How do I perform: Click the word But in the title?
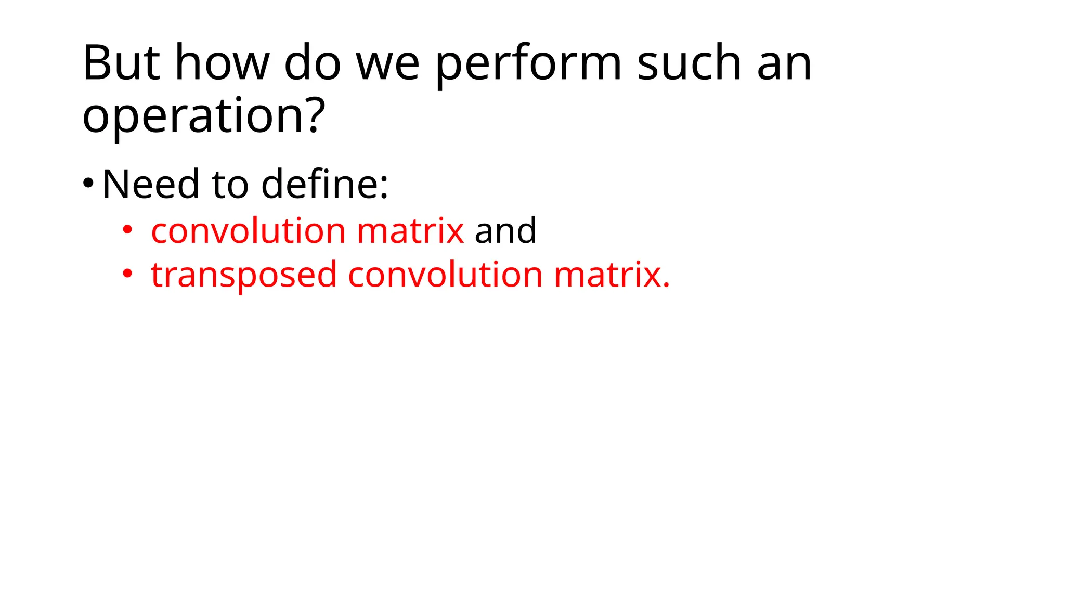pyautogui.click(x=121, y=63)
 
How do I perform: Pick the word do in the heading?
pyautogui.click(x=312, y=63)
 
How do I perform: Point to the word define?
pyautogui.click(x=324, y=184)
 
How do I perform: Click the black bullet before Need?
pyautogui.click(x=88, y=184)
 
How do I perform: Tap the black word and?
pyautogui.click(x=505, y=230)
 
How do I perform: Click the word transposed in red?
pyautogui.click(x=243, y=276)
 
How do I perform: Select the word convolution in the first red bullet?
pyautogui.click(x=248, y=230)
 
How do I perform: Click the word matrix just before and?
pyautogui.click(x=410, y=230)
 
